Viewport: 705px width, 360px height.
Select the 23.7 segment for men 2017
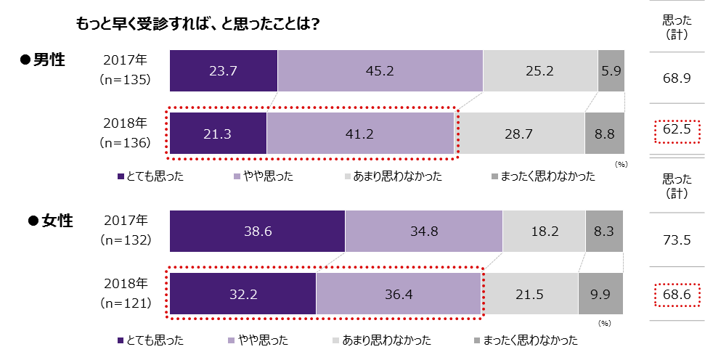tap(224, 71)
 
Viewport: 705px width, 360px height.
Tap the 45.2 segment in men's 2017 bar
tap(380, 71)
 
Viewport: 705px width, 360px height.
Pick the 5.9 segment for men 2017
tap(611, 71)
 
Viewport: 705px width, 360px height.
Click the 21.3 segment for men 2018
tap(218, 134)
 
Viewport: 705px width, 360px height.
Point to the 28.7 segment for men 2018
tap(521, 134)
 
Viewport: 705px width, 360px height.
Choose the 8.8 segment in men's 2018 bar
tap(605, 134)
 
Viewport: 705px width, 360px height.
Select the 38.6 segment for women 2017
tap(257, 231)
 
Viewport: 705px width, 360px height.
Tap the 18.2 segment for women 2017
tap(544, 231)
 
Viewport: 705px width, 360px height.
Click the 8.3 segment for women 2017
tap(605, 231)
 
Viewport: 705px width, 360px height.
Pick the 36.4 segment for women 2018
tap(400, 293)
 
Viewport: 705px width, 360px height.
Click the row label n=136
tap(125, 143)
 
